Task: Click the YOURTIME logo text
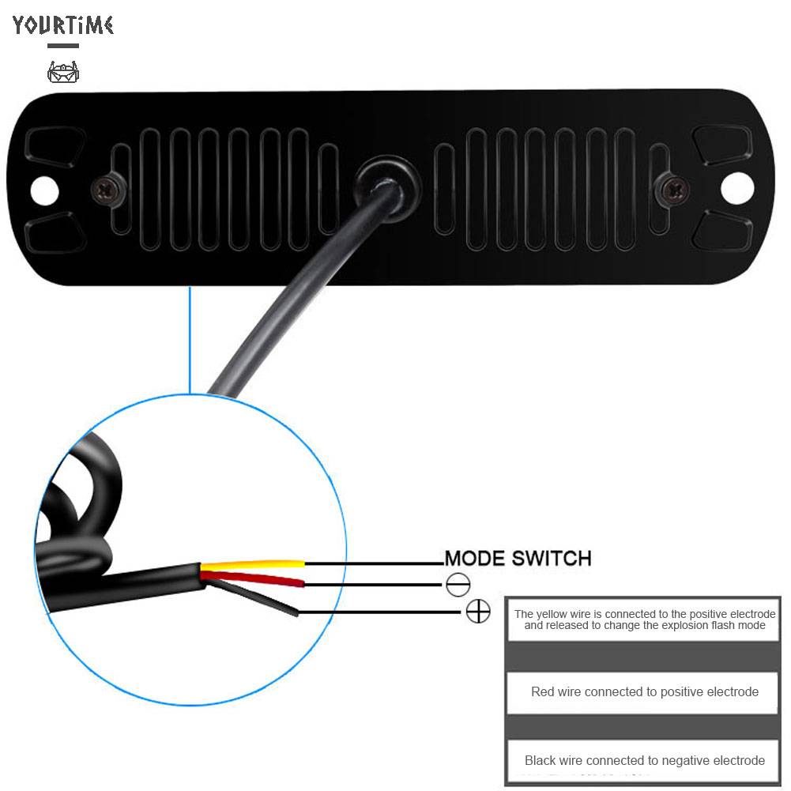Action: (x=63, y=25)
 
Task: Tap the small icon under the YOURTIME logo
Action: (x=63, y=73)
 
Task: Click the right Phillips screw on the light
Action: (x=674, y=189)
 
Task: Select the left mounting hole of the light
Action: (x=44, y=189)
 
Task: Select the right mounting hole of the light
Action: (x=737, y=187)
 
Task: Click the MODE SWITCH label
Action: (x=518, y=559)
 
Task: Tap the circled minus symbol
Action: (x=458, y=585)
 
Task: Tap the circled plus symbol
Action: (x=478, y=611)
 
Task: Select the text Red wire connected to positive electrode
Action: (x=644, y=691)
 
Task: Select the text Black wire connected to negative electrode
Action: (x=644, y=760)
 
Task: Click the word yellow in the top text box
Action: (x=555, y=614)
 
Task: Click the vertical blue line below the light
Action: (x=190, y=340)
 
